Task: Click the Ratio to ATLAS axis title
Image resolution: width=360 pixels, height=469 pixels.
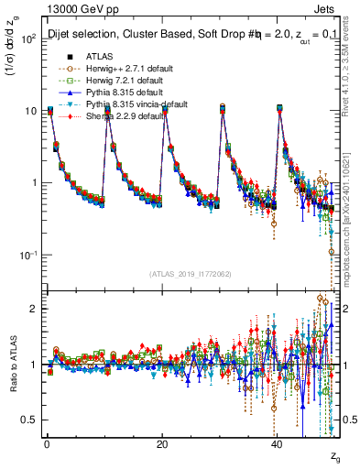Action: click(13, 367)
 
